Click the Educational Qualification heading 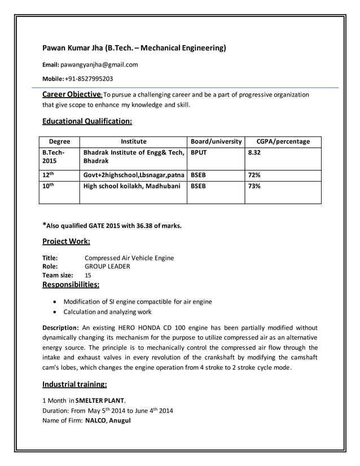[87, 121]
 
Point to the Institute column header [133, 142]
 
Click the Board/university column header [216, 142]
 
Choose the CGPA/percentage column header [283, 142]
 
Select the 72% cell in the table [254, 175]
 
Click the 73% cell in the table [254, 186]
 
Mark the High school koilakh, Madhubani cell [131, 186]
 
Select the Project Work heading [66, 242]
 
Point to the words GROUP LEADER [107, 266]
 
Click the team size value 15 [88, 275]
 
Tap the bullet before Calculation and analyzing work [54, 311]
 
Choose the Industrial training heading [75, 385]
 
